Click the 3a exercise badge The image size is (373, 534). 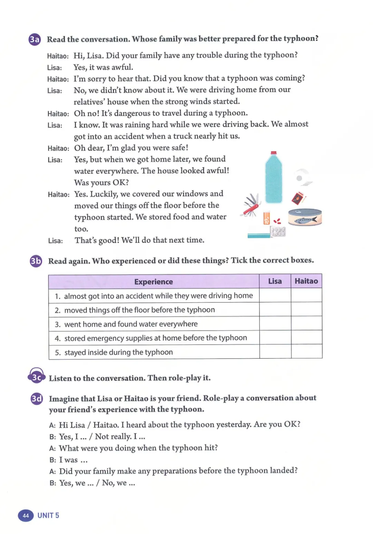(35, 40)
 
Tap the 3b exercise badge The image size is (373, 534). (36, 261)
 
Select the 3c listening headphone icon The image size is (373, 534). (36, 376)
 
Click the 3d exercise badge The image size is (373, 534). (37, 399)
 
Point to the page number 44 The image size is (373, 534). (26, 515)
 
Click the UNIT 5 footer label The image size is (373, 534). (48, 515)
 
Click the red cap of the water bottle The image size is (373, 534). (274, 153)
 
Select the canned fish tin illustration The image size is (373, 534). (305, 217)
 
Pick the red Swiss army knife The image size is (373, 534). (251, 206)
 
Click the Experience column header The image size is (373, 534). (154, 282)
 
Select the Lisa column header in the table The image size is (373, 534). (275, 281)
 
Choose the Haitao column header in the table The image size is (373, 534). (306, 281)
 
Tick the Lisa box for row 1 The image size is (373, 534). (275, 296)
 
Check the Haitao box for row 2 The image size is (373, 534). (306, 310)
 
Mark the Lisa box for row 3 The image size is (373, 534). (275, 324)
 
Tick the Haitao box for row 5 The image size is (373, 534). (306, 352)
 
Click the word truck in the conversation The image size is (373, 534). (183, 136)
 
